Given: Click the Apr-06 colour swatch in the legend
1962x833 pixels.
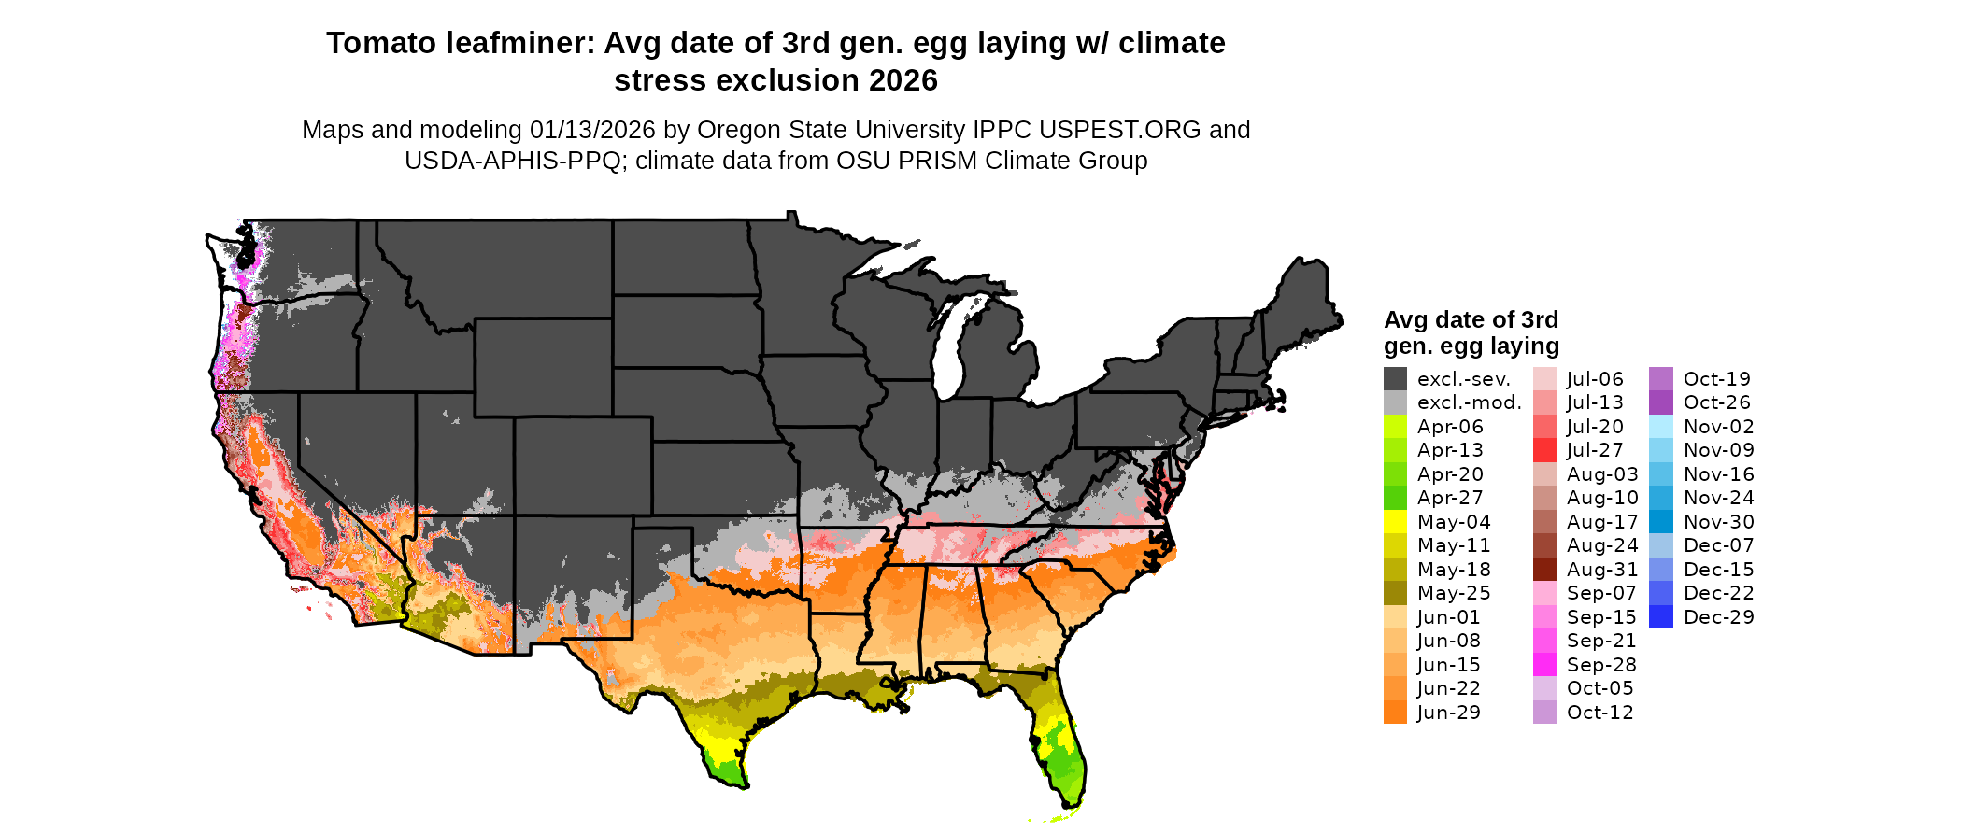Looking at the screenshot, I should [x=1395, y=427].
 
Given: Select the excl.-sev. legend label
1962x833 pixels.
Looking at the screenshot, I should [x=1463, y=379].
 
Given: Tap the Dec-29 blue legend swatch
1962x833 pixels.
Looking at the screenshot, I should [x=1660, y=617].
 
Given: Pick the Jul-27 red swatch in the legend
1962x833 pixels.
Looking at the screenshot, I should [x=1544, y=450].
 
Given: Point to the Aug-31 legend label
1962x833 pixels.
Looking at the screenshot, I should [x=1601, y=570].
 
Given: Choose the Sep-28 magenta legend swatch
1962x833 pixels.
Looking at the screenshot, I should [x=1544, y=665].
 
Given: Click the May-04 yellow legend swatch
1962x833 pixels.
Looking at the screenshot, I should [x=1395, y=522].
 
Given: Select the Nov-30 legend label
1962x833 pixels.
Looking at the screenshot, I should [x=1718, y=522].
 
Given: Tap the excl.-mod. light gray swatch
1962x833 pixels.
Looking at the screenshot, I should [x=1395, y=402].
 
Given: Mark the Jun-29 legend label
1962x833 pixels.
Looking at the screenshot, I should [x=1448, y=713].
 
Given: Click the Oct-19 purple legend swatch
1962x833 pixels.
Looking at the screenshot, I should [x=1660, y=379].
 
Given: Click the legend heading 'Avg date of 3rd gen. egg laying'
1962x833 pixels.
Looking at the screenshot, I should [x=1471, y=332].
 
